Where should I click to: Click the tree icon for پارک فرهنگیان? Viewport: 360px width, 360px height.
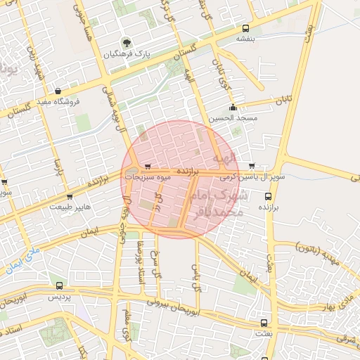[x=127, y=42]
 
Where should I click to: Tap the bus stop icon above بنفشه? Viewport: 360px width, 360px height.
[x=245, y=29]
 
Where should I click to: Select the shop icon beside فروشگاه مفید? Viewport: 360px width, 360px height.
[x=58, y=91]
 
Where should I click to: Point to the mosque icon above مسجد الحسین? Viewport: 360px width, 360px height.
[x=233, y=108]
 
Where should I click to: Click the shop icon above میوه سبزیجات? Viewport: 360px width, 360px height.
[x=147, y=167]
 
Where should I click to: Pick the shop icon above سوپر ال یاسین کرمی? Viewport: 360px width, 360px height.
[x=252, y=167]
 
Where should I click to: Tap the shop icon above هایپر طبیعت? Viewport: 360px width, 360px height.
[x=69, y=197]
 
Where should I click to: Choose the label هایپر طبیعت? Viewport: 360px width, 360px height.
[x=69, y=208]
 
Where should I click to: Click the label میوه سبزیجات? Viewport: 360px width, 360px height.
[x=148, y=178]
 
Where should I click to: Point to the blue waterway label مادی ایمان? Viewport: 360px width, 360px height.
[x=22, y=258]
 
